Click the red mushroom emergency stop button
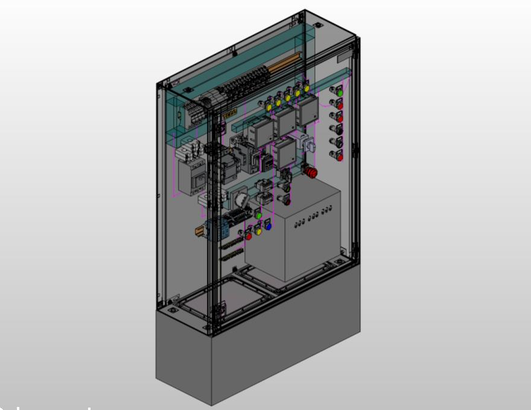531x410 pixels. pyautogui.click(x=312, y=173)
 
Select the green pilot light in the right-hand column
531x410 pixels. pyautogui.click(x=340, y=92)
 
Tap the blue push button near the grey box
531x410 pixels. pyautogui.click(x=268, y=227)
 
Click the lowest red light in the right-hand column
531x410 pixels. pyautogui.click(x=340, y=157)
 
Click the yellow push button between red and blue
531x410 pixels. pyautogui.click(x=258, y=230)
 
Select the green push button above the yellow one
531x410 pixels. pyautogui.click(x=258, y=215)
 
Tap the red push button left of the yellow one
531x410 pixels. pyautogui.click(x=248, y=236)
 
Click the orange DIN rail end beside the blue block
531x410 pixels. pyautogui.click(x=199, y=231)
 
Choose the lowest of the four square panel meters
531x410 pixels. pyautogui.click(x=284, y=154)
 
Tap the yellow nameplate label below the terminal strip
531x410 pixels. pyautogui.click(x=229, y=113)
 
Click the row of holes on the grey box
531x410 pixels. pyautogui.click(x=313, y=218)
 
